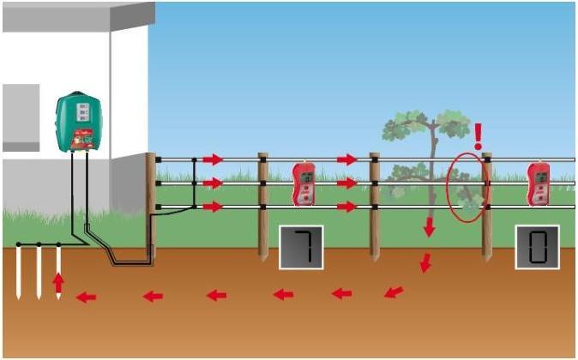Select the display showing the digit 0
(537, 247)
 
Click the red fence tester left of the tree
(304, 183)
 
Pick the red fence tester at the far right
(539, 183)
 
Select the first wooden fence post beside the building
(151, 206)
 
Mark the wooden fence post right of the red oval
(487, 206)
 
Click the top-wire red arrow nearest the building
(212, 159)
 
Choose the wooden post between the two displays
(375, 206)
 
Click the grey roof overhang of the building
(77, 15)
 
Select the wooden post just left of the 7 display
(263, 206)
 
